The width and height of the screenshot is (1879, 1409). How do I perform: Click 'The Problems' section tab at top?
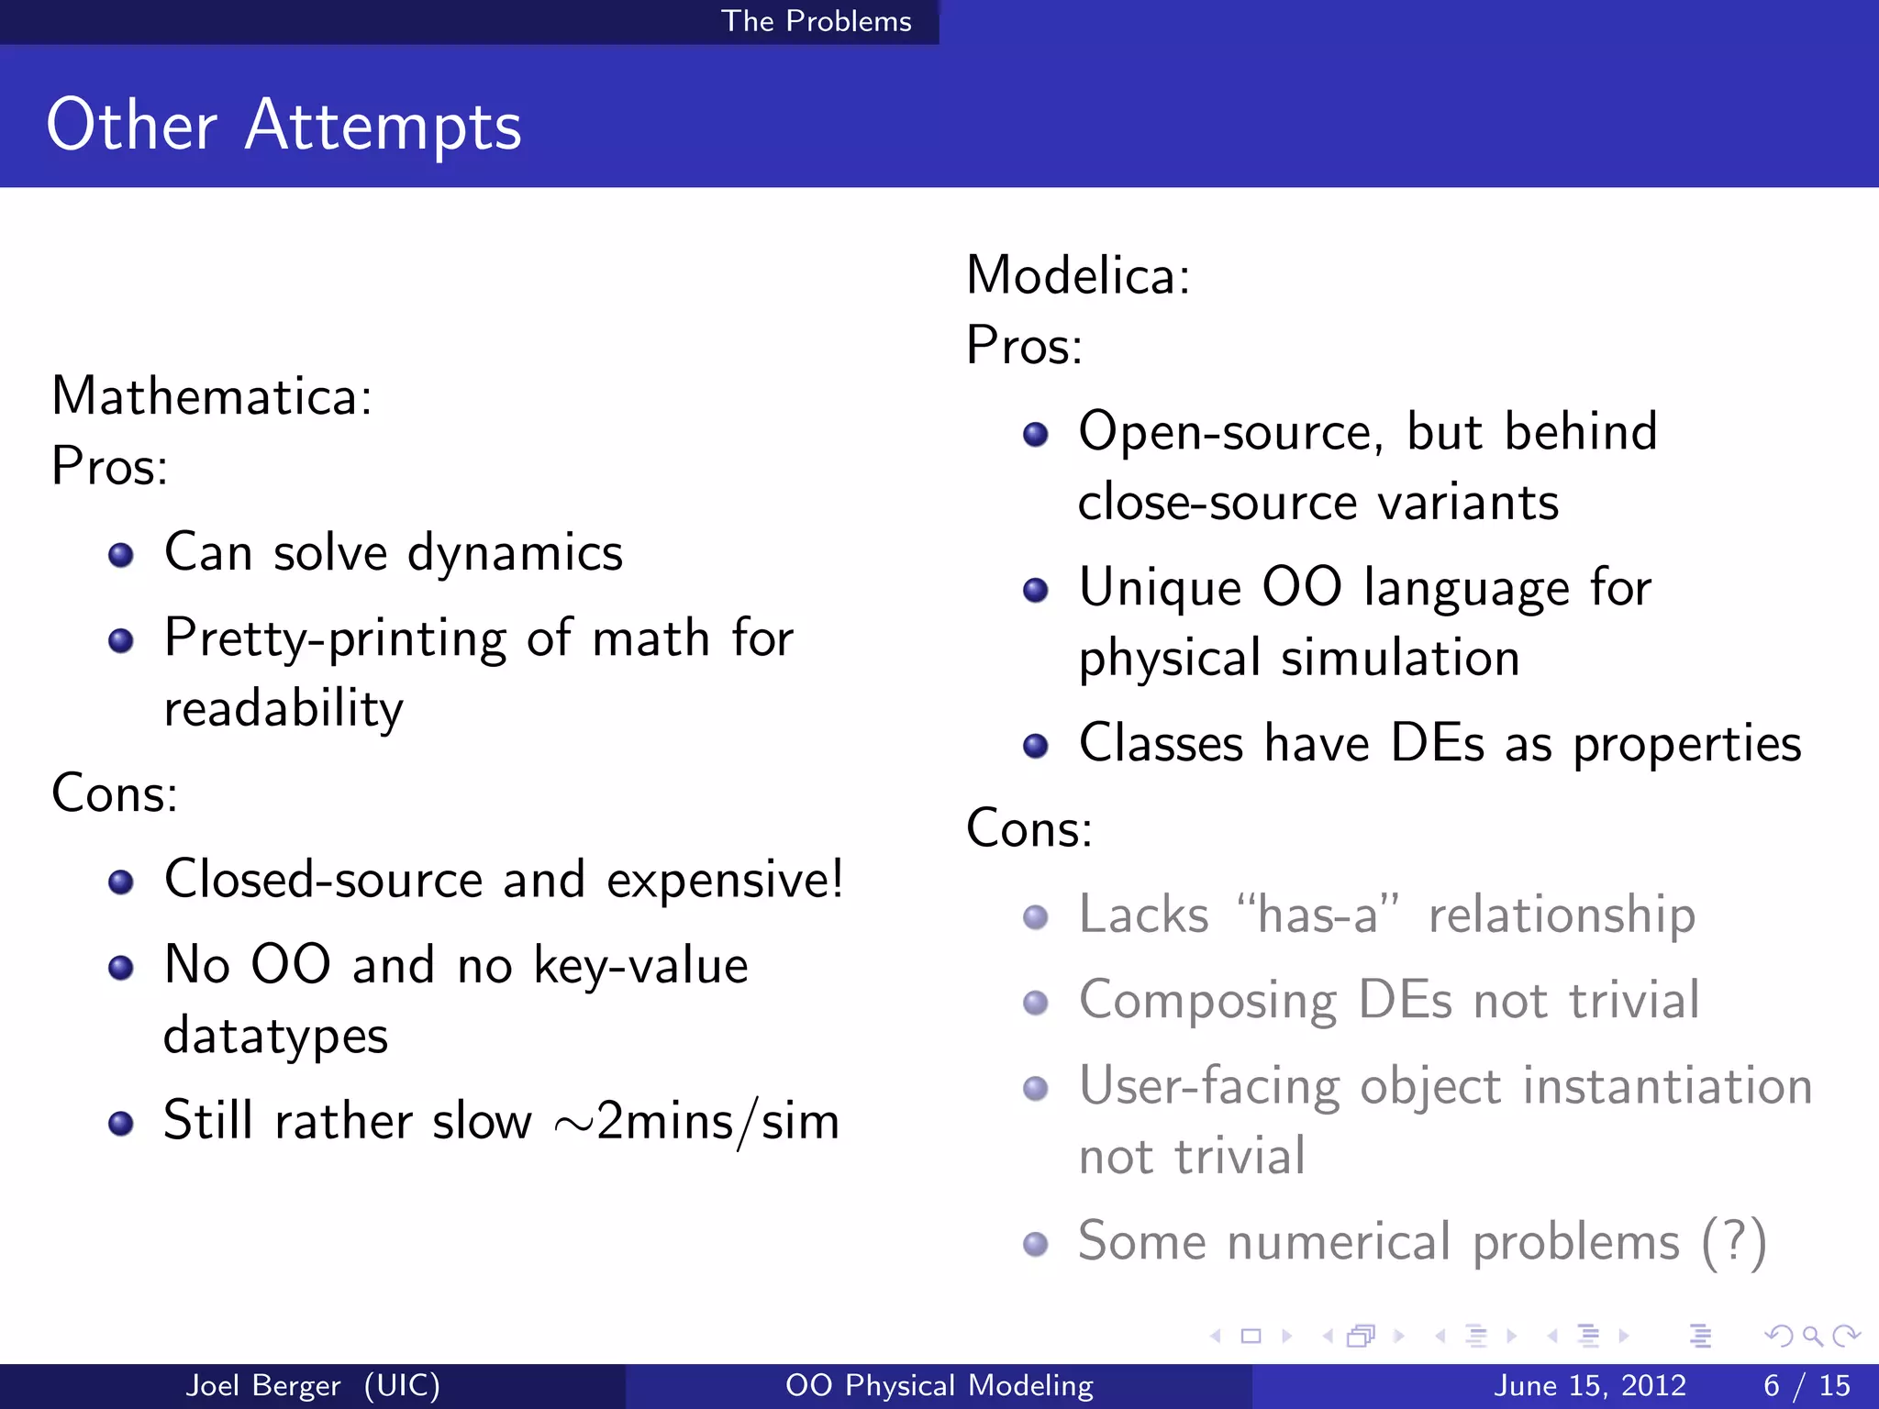point(817,21)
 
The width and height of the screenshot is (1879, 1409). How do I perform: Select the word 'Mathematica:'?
point(212,396)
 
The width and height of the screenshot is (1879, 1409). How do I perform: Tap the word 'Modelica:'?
point(1078,275)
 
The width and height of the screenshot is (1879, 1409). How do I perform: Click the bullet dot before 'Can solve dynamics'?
point(120,555)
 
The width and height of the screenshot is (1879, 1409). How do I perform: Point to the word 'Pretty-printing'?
point(335,639)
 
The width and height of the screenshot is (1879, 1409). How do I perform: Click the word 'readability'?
point(284,709)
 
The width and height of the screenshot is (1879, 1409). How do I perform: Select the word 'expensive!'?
point(725,880)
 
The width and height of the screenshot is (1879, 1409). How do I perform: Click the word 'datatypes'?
point(275,1037)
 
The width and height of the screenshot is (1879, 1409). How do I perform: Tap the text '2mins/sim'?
point(717,1122)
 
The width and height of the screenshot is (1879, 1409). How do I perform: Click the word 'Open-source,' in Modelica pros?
point(1230,431)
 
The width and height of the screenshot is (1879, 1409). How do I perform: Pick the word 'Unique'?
point(1160,587)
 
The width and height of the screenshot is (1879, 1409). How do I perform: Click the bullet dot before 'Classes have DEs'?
point(1036,746)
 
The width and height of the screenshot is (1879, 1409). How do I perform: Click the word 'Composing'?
point(1207,1001)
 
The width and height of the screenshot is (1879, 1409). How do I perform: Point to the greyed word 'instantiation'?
point(1667,1086)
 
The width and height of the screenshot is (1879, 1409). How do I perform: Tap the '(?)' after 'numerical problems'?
point(1733,1243)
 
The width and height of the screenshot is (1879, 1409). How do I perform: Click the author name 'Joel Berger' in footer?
point(263,1385)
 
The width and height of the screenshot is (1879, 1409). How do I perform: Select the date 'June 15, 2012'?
point(1590,1385)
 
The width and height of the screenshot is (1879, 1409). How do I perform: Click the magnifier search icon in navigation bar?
point(1812,1336)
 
